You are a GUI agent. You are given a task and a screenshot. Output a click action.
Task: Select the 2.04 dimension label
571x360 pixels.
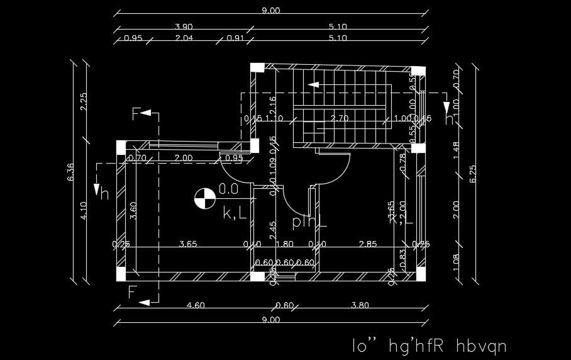coord(184,38)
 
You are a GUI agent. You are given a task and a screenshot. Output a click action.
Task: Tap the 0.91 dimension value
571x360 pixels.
coord(235,38)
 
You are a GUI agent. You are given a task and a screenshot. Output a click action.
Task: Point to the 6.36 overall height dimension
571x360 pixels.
coord(70,172)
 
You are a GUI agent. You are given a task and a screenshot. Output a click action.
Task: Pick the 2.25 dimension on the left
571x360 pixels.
coord(84,101)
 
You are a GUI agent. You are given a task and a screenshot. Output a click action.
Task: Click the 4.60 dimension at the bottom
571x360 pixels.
coord(196,306)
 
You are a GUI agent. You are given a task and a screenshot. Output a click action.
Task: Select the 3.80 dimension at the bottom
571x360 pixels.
coord(359,306)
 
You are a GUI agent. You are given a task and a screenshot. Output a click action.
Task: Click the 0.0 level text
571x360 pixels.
coord(228,188)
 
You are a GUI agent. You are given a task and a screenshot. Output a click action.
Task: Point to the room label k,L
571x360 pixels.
coord(235,213)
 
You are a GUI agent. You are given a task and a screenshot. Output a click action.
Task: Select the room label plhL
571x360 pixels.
coord(309,222)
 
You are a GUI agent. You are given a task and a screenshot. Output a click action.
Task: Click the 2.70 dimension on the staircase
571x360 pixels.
coord(340,118)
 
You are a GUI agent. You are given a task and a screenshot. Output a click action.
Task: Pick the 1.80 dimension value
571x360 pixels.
coord(285,244)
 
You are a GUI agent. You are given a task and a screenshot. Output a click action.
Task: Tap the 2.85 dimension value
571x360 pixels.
coord(368,244)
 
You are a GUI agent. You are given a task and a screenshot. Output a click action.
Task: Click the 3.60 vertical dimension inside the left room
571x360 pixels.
coord(133,210)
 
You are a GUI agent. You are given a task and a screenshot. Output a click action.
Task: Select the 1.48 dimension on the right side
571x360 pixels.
coord(457,149)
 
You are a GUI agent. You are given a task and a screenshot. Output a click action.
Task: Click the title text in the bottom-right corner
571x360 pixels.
coord(429,346)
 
